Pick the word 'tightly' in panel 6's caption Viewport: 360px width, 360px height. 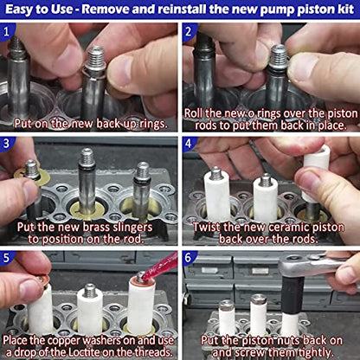[x=310, y=351]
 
